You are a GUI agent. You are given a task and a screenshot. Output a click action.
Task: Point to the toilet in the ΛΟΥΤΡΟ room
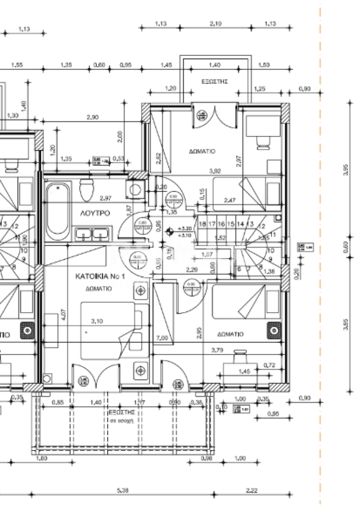point(88,189)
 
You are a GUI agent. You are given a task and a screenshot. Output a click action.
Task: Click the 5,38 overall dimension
point(122,491)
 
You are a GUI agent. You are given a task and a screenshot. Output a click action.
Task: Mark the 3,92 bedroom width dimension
point(213,171)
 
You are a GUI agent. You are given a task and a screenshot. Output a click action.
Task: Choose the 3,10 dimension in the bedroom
point(98,322)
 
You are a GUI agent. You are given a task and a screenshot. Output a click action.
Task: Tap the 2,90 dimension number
point(92,118)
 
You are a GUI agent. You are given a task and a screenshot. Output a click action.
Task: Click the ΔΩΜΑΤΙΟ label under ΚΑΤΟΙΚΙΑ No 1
point(98,287)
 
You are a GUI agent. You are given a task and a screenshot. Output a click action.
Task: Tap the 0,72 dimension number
point(269,366)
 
